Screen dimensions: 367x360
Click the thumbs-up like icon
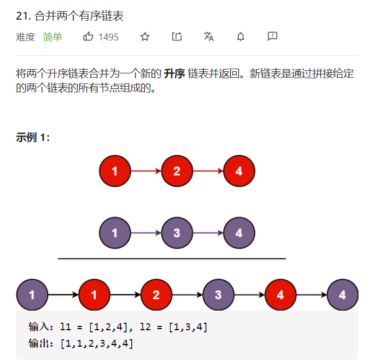(88, 37)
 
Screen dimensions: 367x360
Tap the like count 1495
(109, 37)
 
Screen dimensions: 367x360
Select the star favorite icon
(145, 37)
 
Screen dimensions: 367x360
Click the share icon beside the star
(177, 37)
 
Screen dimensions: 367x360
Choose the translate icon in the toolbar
(208, 37)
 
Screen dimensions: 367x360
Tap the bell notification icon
(240, 37)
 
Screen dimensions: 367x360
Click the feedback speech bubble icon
(272, 37)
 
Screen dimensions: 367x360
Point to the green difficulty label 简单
(53, 37)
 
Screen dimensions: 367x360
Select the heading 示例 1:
(33, 138)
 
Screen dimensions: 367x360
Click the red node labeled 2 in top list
(177, 171)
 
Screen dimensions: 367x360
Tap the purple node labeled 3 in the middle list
(177, 233)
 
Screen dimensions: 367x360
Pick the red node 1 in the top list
(115, 171)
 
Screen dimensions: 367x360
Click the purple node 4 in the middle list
(239, 233)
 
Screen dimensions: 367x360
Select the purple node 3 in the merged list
(218, 295)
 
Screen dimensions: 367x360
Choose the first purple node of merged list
(32, 295)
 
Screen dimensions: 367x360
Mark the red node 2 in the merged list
(156, 295)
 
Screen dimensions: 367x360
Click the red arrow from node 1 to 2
(146, 171)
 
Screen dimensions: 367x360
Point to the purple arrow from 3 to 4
(208, 233)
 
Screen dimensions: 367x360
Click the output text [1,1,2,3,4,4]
(97, 344)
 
